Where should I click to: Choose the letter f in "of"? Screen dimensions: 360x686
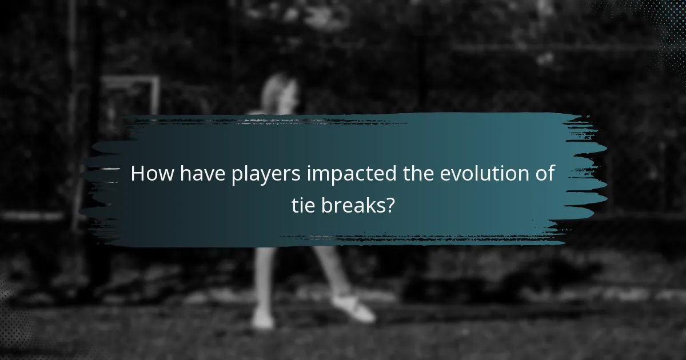pos(551,173)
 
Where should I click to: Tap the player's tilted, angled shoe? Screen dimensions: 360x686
pos(354,308)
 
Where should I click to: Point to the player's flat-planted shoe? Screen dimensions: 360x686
pos(262,319)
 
